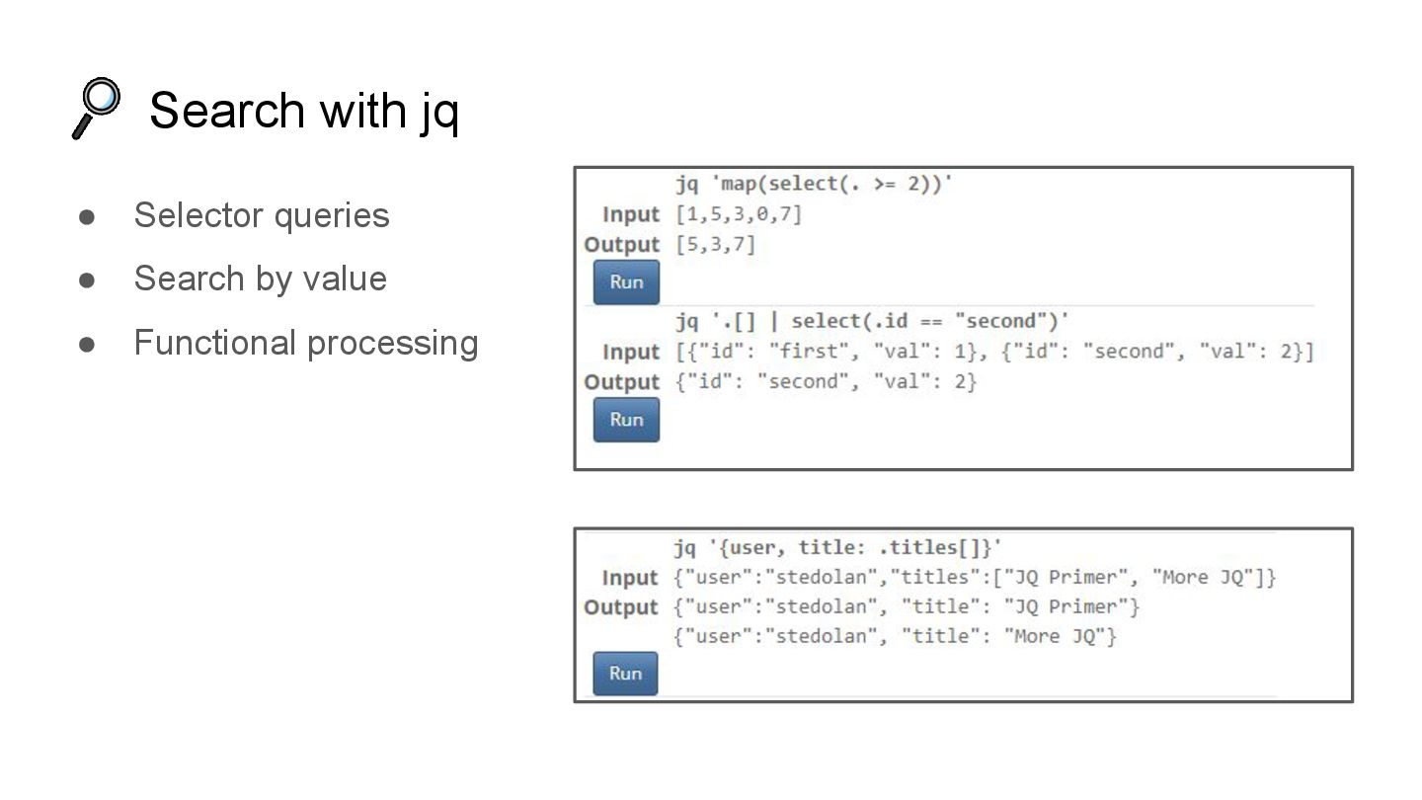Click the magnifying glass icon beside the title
click(97, 108)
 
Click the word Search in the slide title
click(226, 110)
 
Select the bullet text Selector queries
click(262, 215)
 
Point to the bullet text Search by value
click(260, 279)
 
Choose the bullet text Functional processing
click(306, 343)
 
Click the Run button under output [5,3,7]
click(626, 282)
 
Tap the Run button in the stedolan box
click(625, 674)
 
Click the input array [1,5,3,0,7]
click(739, 214)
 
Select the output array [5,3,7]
click(715, 244)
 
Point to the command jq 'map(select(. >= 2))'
click(814, 184)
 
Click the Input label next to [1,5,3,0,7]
click(630, 214)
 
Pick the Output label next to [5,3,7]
click(621, 244)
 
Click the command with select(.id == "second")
click(872, 321)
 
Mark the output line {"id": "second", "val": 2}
click(826, 381)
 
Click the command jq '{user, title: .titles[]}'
click(838, 547)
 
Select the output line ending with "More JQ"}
click(895, 636)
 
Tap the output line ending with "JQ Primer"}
click(907, 606)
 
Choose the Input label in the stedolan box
click(629, 578)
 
